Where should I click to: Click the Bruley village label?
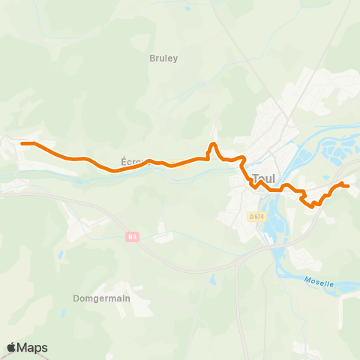[164, 57]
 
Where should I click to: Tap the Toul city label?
[265, 178]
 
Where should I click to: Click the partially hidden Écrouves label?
[131, 161]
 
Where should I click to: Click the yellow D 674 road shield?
[256, 217]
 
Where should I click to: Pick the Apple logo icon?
[11, 347]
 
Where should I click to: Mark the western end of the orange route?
[22, 142]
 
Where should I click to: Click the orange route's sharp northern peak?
[214, 143]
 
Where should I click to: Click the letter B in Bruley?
[153, 57]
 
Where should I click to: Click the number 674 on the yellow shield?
[259, 217]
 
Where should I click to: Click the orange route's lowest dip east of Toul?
[308, 203]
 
